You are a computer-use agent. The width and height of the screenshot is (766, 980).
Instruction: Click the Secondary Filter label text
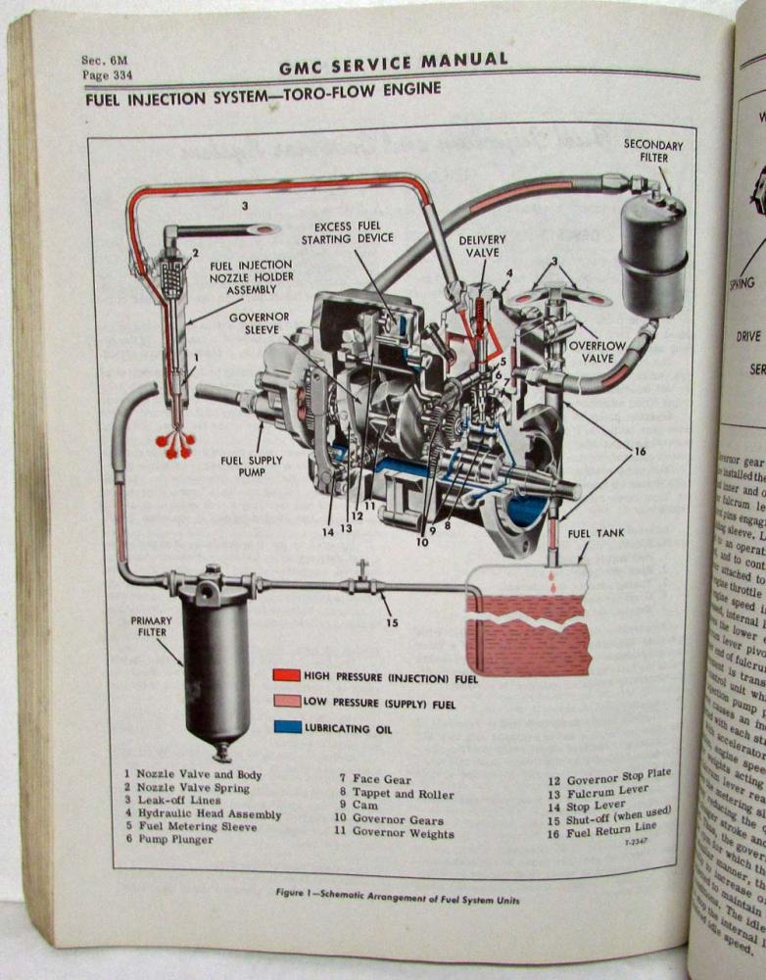(x=653, y=152)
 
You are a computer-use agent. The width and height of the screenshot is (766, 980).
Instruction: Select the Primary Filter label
(x=152, y=626)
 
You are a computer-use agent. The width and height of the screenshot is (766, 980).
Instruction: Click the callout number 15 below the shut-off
(x=393, y=622)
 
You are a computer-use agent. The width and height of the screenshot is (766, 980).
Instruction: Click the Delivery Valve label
(x=482, y=246)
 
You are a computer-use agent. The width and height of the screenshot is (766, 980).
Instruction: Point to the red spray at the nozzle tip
(x=176, y=444)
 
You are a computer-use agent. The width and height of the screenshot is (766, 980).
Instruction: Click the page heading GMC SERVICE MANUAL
(x=393, y=64)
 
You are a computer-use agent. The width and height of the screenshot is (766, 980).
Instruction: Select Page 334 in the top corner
(x=107, y=74)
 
